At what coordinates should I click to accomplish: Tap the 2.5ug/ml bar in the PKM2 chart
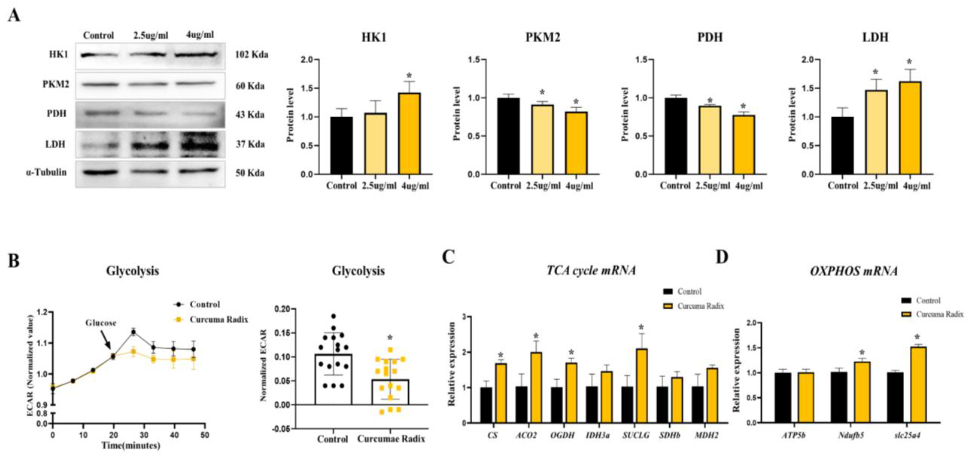point(542,139)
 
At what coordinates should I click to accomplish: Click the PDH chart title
point(710,37)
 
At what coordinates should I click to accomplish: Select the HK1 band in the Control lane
point(98,55)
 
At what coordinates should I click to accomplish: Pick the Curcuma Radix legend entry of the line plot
point(218,320)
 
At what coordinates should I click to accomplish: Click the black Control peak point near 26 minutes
point(133,332)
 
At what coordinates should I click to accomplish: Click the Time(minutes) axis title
point(131,446)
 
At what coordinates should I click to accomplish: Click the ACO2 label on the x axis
point(526,436)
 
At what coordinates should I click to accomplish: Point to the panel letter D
point(722,257)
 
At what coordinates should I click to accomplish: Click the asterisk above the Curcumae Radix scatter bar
point(390,338)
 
